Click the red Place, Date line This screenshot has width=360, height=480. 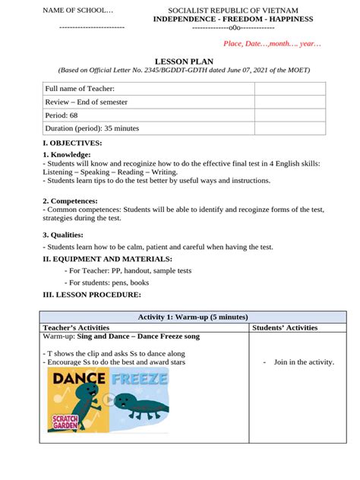271,45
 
